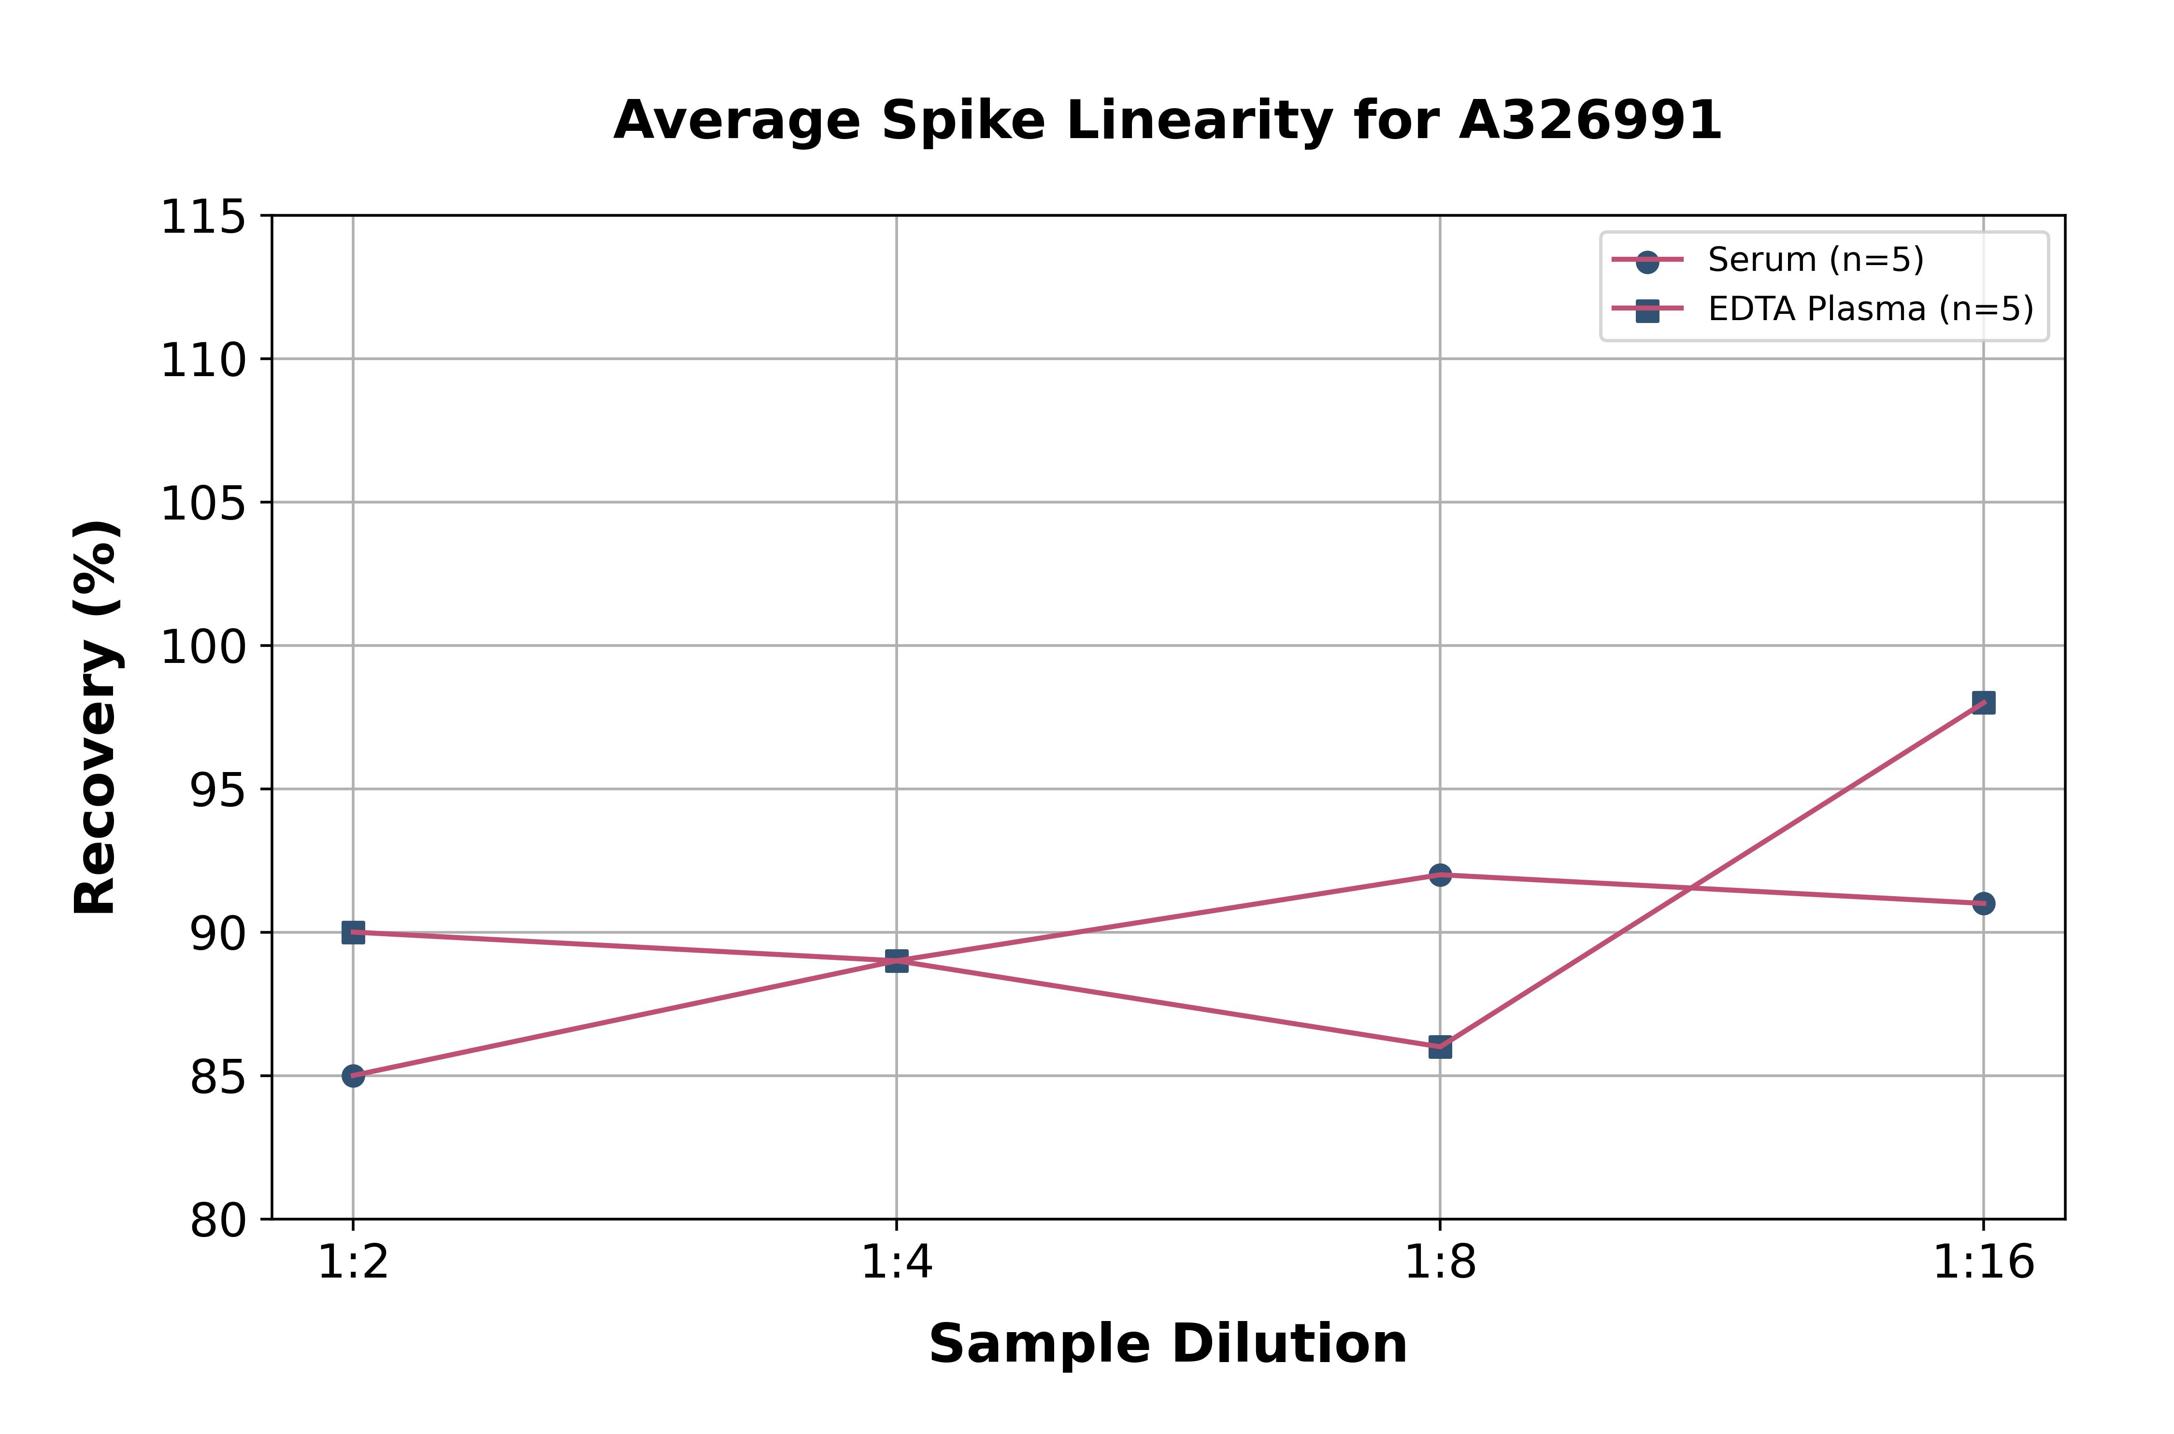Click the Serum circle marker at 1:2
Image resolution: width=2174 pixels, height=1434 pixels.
click(x=353, y=1076)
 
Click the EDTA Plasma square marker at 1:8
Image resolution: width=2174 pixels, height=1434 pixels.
click(x=1440, y=1047)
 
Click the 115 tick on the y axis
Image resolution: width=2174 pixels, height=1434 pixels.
click(x=203, y=218)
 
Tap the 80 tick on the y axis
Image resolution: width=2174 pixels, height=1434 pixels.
click(x=218, y=1220)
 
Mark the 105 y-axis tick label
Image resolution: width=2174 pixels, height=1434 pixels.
click(x=203, y=504)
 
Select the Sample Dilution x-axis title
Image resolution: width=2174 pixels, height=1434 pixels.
click(x=1168, y=1344)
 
